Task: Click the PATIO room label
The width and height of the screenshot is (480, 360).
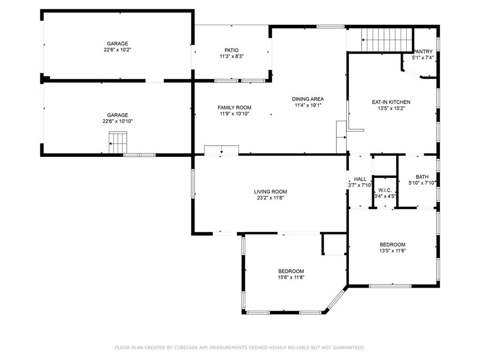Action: pyautogui.click(x=232, y=50)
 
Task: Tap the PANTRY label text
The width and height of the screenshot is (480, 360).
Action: pyautogui.click(x=423, y=52)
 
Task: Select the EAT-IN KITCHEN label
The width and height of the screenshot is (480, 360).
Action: pyautogui.click(x=391, y=102)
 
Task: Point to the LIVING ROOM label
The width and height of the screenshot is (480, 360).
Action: pyautogui.click(x=270, y=192)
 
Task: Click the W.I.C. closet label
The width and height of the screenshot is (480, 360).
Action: pyautogui.click(x=385, y=190)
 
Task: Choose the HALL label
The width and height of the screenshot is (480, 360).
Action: pyautogui.click(x=360, y=179)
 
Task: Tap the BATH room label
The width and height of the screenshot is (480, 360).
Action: pyautogui.click(x=422, y=177)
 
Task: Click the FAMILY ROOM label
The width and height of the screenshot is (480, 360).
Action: pyautogui.click(x=234, y=108)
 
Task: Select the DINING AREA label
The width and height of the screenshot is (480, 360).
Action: pyautogui.click(x=307, y=99)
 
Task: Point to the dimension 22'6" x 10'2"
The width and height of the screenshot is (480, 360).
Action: pyautogui.click(x=118, y=50)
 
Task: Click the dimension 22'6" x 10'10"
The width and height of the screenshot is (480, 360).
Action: pyautogui.click(x=118, y=121)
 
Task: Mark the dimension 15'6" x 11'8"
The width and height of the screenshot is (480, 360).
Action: pyautogui.click(x=291, y=277)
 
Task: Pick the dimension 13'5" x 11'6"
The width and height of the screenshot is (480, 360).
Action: pyautogui.click(x=392, y=251)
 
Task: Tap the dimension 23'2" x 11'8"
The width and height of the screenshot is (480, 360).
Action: pyautogui.click(x=270, y=198)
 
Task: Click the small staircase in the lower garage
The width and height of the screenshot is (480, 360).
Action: pyautogui.click(x=118, y=142)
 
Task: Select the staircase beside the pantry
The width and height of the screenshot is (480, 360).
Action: pyautogui.click(x=387, y=40)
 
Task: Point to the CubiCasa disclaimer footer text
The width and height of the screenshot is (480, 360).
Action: pyautogui.click(x=240, y=347)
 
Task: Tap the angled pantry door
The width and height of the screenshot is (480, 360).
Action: pyautogui.click(x=412, y=74)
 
